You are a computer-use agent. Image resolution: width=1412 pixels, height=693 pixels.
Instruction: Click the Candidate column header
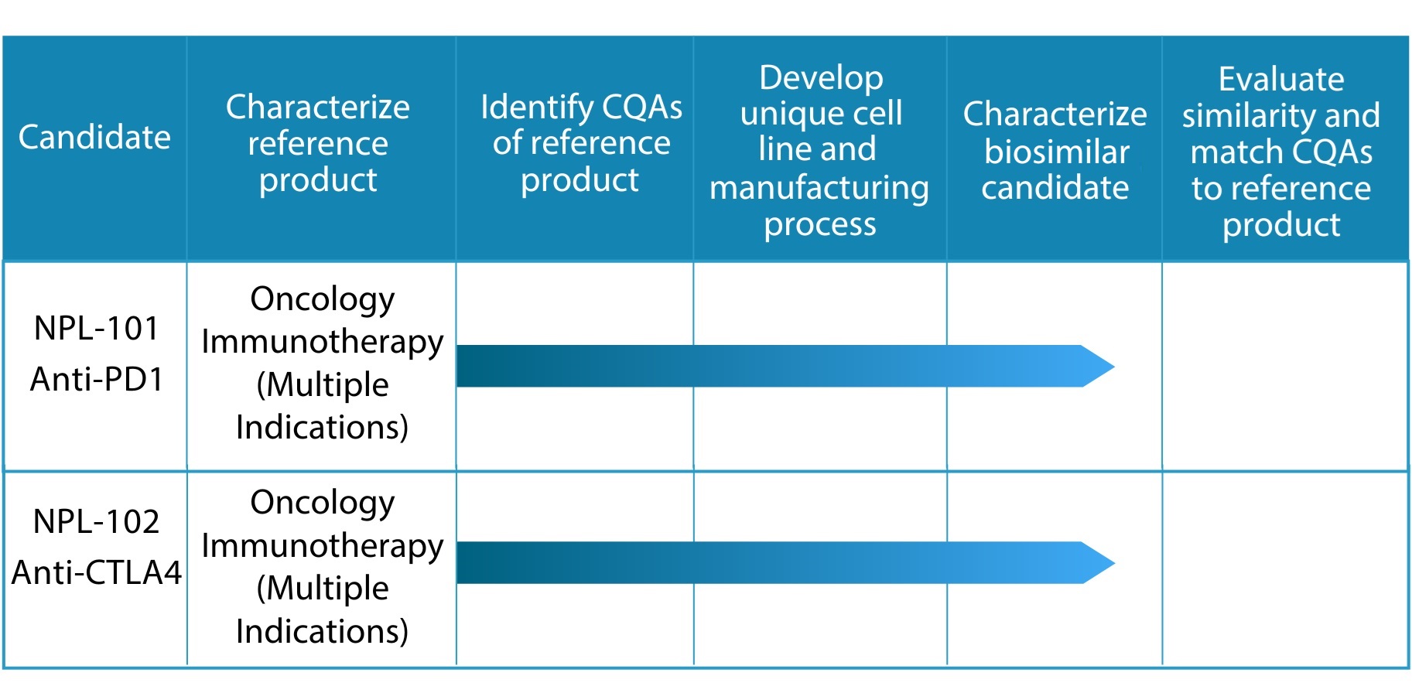click(x=94, y=137)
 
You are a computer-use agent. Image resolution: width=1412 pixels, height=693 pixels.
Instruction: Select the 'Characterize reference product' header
click(x=318, y=143)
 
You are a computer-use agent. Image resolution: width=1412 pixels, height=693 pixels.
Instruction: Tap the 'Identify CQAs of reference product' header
click(x=581, y=143)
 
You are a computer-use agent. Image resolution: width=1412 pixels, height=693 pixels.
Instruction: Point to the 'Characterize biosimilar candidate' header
click(x=1055, y=151)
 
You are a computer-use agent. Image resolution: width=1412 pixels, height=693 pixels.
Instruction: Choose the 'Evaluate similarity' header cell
click(x=1281, y=151)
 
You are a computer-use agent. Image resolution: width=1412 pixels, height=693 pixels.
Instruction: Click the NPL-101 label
click(x=97, y=328)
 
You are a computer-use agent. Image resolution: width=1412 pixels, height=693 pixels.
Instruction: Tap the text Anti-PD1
click(x=97, y=379)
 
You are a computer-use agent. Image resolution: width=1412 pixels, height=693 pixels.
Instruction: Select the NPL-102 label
click(x=97, y=521)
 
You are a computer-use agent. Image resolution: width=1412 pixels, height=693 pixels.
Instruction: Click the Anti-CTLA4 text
click(x=97, y=572)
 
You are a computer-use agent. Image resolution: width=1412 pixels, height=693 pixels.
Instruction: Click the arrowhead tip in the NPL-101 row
click(x=1114, y=366)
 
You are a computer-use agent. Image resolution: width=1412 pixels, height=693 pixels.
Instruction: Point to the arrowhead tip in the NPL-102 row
click(x=1114, y=562)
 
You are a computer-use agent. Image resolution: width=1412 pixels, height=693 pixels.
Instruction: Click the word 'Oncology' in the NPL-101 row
click(x=323, y=300)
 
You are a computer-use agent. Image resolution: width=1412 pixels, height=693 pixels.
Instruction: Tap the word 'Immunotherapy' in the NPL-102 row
click(x=323, y=547)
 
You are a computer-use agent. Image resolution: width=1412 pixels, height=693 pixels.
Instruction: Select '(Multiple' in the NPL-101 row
click(x=323, y=385)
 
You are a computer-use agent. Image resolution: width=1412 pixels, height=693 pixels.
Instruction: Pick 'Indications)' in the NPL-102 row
click(x=323, y=631)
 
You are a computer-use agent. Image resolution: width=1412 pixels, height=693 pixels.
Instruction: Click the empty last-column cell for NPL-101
click(x=1285, y=366)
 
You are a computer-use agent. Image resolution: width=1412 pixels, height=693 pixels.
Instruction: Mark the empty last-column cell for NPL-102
click(x=1285, y=568)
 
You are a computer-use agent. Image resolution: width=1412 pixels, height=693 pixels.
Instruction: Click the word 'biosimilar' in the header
click(x=1057, y=152)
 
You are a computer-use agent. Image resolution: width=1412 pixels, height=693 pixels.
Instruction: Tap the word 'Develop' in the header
click(x=821, y=78)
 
